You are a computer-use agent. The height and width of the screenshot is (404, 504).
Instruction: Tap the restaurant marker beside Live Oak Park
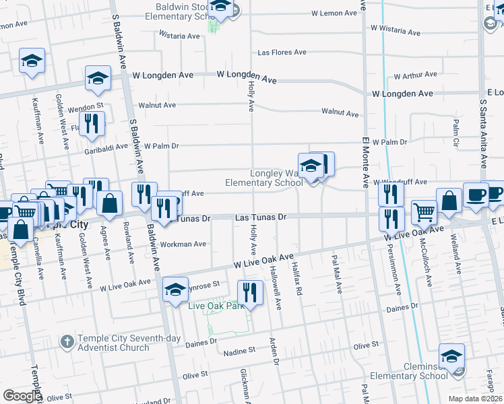pyautogui.click(x=251, y=293)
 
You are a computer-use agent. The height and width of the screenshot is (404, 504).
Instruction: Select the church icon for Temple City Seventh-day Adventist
pyautogui.click(x=67, y=342)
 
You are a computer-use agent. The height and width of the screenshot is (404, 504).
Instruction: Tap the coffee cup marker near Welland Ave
pyautogui.click(x=476, y=194)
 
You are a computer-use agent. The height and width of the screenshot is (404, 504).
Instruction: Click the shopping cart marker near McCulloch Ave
pyautogui.click(x=424, y=212)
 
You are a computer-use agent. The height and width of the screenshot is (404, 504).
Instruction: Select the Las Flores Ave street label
pyautogui.click(x=282, y=53)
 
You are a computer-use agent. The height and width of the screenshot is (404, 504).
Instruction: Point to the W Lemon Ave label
pyautogui.click(x=333, y=13)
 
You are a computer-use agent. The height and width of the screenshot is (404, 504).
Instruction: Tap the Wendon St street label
pyautogui.click(x=84, y=106)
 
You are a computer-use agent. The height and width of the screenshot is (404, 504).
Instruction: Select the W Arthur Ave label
pyautogui.click(x=415, y=76)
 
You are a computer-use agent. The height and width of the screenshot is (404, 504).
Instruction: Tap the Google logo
pyautogui.click(x=22, y=396)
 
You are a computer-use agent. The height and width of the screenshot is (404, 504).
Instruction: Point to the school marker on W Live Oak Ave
pyautogui.click(x=176, y=290)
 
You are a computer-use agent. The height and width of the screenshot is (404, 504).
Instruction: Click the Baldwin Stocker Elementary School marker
pyautogui.click(x=220, y=8)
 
